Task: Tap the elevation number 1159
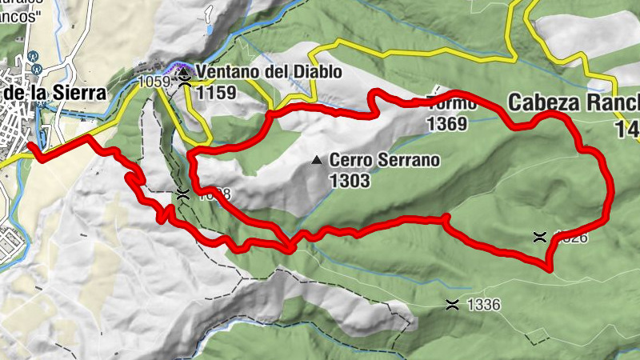click(x=219, y=92)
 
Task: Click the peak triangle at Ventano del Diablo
click(x=185, y=71)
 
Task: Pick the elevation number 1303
click(x=350, y=181)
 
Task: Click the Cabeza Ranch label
click(x=573, y=102)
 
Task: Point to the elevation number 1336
click(x=482, y=305)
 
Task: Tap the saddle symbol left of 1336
click(x=453, y=304)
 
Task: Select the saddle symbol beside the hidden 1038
click(x=183, y=194)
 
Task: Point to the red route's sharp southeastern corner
click(x=550, y=268)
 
